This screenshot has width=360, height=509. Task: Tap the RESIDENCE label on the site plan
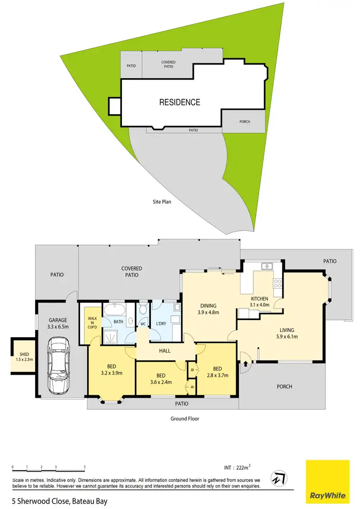(180, 102)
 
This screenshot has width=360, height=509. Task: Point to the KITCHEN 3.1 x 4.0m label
(260, 301)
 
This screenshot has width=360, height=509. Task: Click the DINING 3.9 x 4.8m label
(208, 308)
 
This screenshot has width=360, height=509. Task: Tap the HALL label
(165, 351)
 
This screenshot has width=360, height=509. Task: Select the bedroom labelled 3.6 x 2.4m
(161, 379)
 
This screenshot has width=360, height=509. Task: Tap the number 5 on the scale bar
(84, 467)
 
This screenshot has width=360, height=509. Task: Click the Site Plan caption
(158, 202)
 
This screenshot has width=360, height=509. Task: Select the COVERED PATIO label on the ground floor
(130, 272)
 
